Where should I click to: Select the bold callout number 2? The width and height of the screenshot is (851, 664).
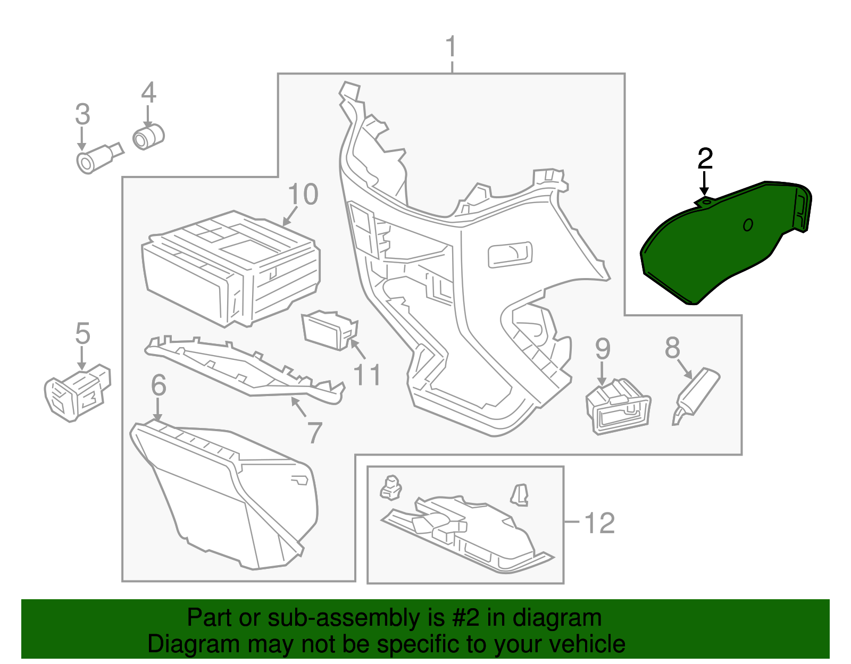705,159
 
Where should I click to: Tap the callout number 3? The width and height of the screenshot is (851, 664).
82,114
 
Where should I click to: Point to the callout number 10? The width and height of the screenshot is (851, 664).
303,195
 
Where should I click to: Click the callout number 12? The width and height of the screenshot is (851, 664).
599,523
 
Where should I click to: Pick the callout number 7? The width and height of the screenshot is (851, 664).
314,433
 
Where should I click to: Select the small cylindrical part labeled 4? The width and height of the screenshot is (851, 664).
148,136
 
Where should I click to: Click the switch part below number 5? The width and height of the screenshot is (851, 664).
77,393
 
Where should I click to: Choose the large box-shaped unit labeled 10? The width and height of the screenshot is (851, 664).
231,268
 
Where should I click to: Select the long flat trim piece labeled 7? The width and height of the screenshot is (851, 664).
245,372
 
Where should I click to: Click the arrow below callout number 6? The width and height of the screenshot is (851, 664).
157,409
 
